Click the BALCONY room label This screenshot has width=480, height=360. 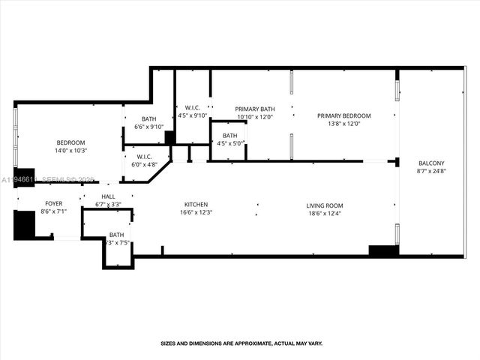pyautogui.click(x=431, y=163)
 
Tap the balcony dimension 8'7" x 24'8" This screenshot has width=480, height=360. pyautogui.click(x=431, y=172)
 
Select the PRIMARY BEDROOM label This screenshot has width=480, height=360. pyautogui.click(x=343, y=115)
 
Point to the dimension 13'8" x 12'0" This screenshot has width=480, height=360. pyautogui.click(x=343, y=124)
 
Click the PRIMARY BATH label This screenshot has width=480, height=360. pyautogui.click(x=255, y=109)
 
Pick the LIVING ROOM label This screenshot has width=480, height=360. pyautogui.click(x=324, y=205)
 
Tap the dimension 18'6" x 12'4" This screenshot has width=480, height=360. pyautogui.click(x=324, y=214)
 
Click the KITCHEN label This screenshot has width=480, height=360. pyautogui.click(x=196, y=205)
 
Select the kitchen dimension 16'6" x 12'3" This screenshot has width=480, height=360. pyautogui.click(x=196, y=213)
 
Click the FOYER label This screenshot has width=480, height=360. pyautogui.click(x=54, y=203)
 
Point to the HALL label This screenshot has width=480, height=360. pyautogui.click(x=108, y=196)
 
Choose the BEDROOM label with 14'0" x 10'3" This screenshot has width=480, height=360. pyautogui.click(x=71, y=142)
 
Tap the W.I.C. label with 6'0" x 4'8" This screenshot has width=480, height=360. pyautogui.click(x=145, y=156)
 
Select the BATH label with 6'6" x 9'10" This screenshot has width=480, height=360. pyautogui.click(x=148, y=118)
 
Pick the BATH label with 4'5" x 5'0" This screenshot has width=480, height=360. pyautogui.click(x=229, y=136)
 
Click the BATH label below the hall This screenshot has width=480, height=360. pyautogui.click(x=117, y=235)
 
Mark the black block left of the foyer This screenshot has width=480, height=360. pyautogui.click(x=24, y=224)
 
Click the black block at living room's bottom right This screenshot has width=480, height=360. pyautogui.click(x=383, y=250)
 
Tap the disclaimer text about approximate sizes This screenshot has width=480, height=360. pyautogui.click(x=241, y=343)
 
